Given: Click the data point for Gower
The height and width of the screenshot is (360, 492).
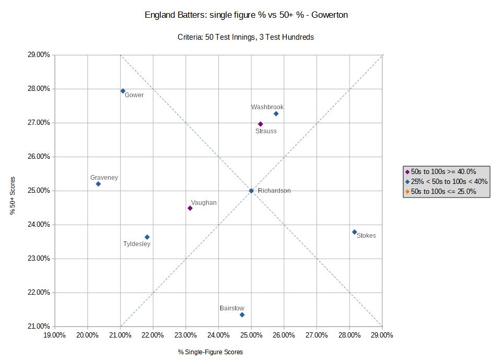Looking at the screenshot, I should [x=123, y=91].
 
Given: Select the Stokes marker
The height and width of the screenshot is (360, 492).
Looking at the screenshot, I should [x=354, y=232].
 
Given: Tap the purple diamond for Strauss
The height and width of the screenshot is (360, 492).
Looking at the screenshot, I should [x=261, y=124].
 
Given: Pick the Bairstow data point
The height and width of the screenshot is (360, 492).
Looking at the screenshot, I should [x=242, y=315].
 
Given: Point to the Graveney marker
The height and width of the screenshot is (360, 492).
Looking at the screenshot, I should [x=98, y=184].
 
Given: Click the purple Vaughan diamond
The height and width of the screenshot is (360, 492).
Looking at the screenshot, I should [x=190, y=208].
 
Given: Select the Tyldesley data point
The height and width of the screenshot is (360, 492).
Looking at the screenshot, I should [x=147, y=237].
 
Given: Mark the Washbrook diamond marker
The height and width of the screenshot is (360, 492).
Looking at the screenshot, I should [x=276, y=114].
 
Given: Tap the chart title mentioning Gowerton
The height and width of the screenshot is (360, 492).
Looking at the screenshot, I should [x=246, y=15].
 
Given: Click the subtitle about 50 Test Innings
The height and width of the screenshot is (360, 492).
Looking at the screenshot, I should [x=246, y=37].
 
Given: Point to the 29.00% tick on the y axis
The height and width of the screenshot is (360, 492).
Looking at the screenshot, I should [x=39, y=55].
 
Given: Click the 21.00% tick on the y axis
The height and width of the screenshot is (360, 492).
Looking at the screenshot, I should [x=39, y=327].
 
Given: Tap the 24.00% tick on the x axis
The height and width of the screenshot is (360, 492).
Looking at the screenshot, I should [x=218, y=335].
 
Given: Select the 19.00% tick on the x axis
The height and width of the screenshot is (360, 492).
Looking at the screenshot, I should [x=55, y=335].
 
